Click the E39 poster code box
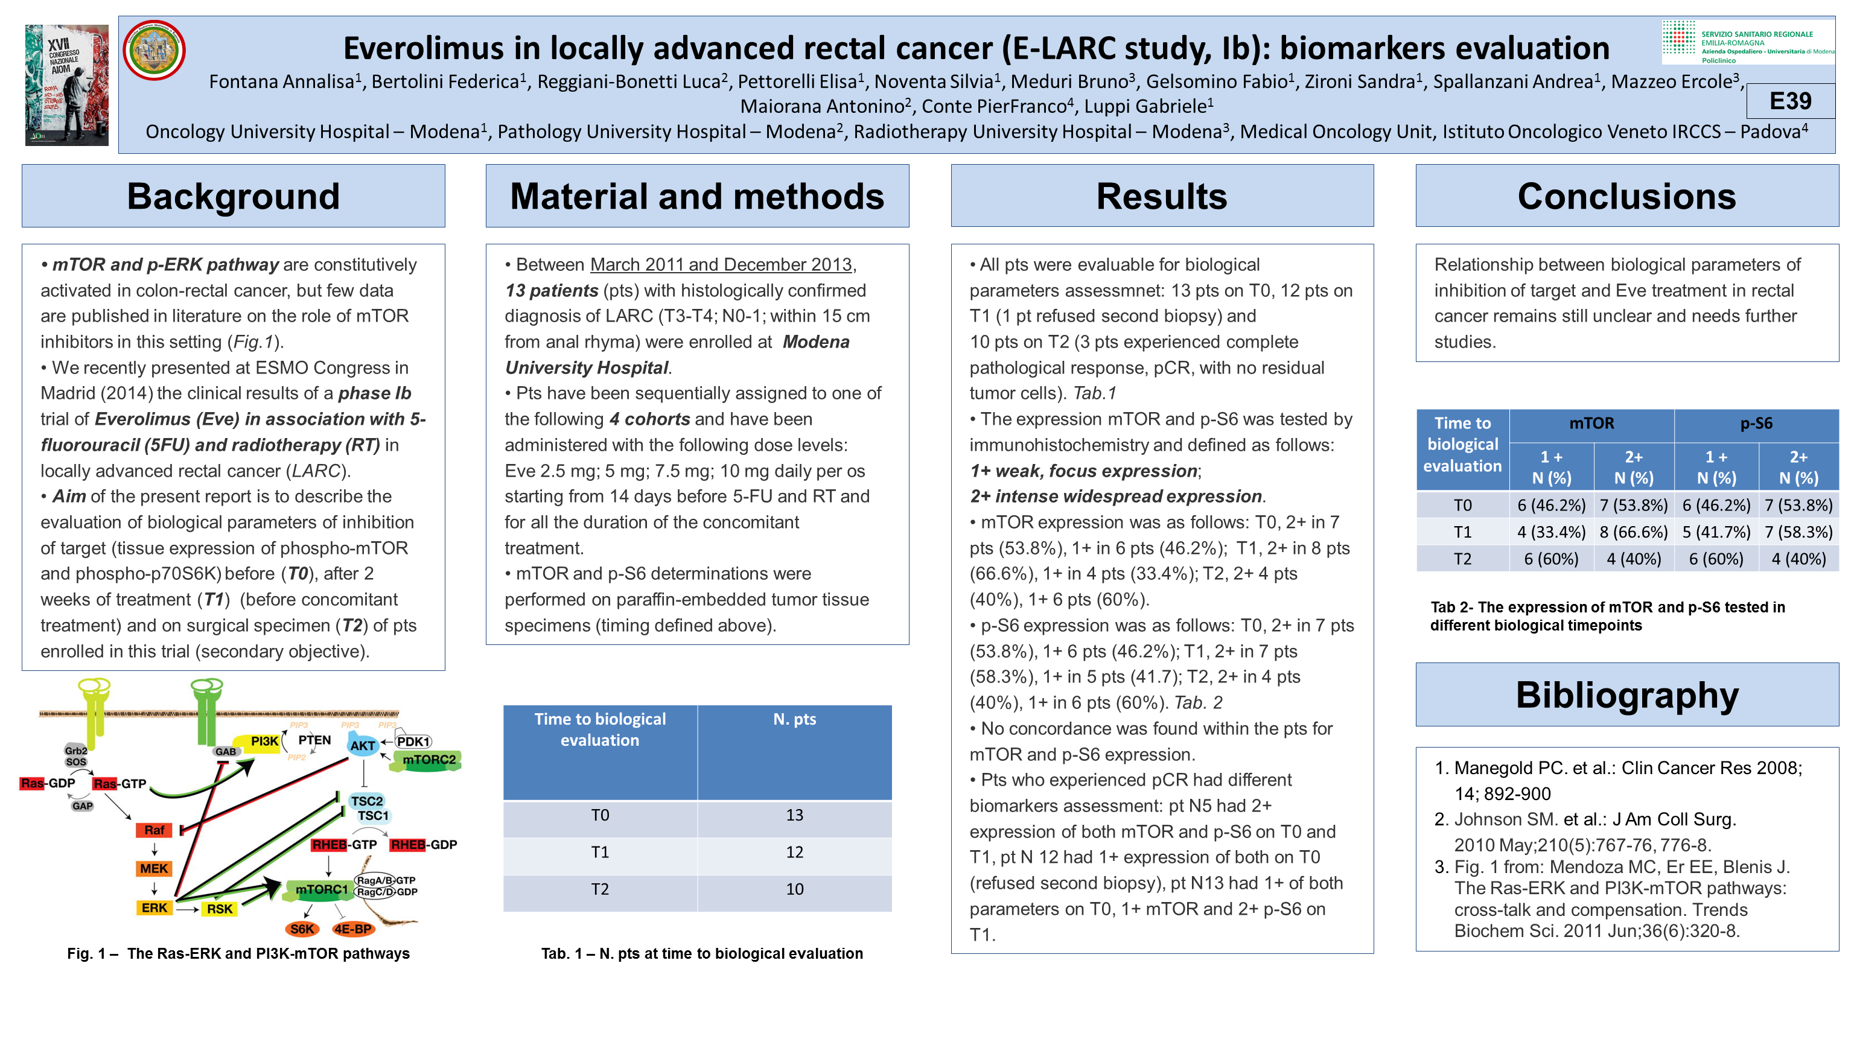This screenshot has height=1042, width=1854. (x=1790, y=101)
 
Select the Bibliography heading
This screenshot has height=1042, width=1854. (x=1626, y=695)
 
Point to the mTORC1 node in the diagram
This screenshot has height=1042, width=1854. (x=321, y=890)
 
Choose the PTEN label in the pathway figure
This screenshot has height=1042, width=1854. (x=314, y=740)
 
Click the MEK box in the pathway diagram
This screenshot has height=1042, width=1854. (x=154, y=869)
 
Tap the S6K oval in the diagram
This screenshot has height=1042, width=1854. (x=302, y=929)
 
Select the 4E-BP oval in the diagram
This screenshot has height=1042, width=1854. (x=352, y=929)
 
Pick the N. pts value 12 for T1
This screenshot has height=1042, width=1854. (x=794, y=853)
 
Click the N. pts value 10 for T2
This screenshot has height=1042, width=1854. (x=794, y=889)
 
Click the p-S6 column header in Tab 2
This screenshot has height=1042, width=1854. (x=1756, y=424)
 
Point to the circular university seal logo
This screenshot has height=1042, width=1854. (x=154, y=50)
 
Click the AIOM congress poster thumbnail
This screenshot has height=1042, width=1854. (x=67, y=85)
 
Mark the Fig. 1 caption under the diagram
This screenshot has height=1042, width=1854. (x=238, y=953)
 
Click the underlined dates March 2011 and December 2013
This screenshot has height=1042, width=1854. (x=721, y=265)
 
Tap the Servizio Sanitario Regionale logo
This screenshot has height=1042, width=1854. (x=1748, y=42)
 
